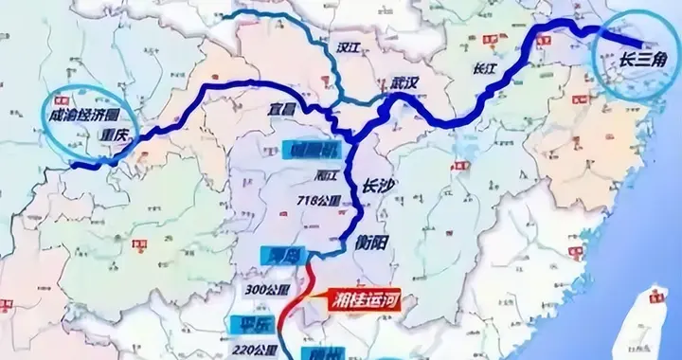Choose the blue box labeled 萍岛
pyautogui.click(x=278, y=254)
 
